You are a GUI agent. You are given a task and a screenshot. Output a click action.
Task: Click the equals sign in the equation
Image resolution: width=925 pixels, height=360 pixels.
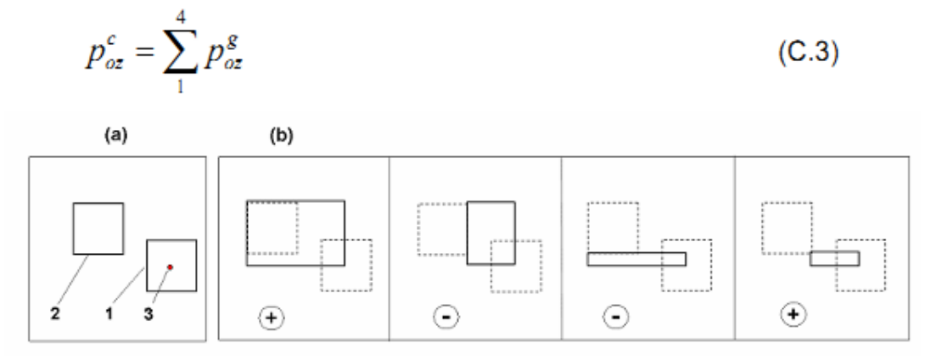point(143,58)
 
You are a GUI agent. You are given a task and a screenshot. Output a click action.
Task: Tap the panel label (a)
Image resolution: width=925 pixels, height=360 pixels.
point(115,136)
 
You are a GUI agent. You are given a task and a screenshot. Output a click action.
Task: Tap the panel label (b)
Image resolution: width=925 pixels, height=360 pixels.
point(281,136)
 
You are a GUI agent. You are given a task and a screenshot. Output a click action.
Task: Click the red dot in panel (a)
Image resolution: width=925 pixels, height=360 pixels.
point(170,267)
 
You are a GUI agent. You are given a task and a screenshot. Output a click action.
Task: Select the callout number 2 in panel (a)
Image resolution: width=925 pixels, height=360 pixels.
point(55,314)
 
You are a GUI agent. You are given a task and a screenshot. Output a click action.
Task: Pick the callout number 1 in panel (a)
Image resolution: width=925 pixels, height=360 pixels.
point(109,314)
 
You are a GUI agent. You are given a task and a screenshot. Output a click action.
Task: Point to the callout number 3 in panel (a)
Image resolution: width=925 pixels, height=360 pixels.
point(148,314)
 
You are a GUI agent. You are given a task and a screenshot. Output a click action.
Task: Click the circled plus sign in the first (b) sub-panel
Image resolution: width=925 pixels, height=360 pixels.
point(271,318)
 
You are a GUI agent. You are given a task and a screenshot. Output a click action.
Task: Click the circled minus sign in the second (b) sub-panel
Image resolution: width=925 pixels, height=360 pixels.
point(446,318)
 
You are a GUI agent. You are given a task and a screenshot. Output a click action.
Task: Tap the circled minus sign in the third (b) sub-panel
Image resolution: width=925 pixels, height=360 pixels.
point(615,318)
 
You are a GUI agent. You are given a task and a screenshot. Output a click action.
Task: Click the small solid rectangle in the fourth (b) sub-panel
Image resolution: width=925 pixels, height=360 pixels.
point(834,258)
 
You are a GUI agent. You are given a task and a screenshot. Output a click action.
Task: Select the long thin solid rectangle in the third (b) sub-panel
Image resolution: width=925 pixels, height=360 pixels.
point(636,259)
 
